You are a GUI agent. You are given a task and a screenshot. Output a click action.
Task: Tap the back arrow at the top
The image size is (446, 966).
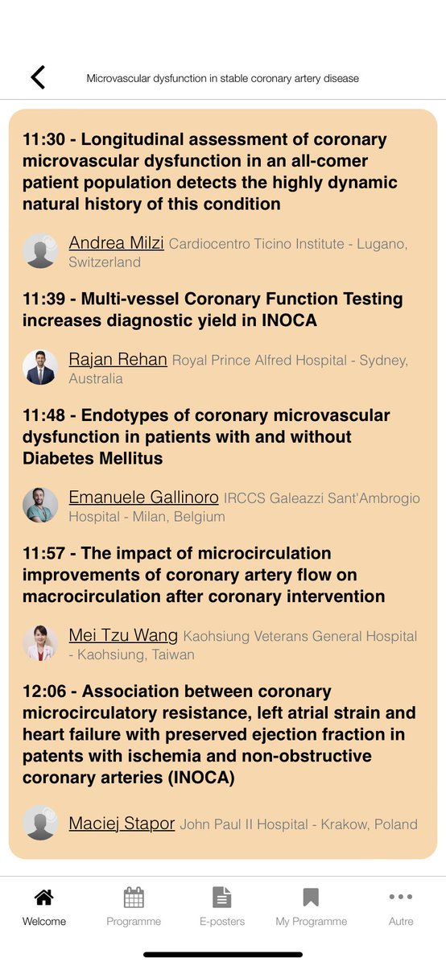click(38, 77)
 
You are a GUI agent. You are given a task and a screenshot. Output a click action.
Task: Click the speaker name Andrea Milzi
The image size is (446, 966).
click(116, 242)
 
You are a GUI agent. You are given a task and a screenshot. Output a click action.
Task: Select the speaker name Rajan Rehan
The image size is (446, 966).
click(118, 359)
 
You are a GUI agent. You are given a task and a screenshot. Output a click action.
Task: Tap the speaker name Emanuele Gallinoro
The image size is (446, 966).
click(143, 497)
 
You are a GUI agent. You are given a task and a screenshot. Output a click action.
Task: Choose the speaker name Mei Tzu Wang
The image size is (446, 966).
click(123, 635)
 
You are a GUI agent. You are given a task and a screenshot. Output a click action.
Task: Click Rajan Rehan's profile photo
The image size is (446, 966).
click(40, 367)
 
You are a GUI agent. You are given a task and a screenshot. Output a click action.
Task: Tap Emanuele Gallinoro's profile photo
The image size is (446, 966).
click(40, 506)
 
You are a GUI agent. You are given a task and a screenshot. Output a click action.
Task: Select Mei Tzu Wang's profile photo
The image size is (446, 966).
click(40, 643)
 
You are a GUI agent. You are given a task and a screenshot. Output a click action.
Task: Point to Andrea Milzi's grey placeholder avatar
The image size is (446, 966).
click(40, 250)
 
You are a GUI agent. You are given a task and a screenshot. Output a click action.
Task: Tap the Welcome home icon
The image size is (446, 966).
click(44, 897)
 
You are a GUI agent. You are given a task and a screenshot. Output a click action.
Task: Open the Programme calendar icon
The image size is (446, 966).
click(134, 897)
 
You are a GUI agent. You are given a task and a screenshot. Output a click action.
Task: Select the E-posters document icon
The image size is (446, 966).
click(222, 897)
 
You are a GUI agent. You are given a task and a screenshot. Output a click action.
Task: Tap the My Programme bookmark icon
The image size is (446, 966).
click(311, 897)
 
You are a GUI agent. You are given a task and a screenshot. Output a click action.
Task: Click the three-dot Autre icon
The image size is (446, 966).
click(400, 897)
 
